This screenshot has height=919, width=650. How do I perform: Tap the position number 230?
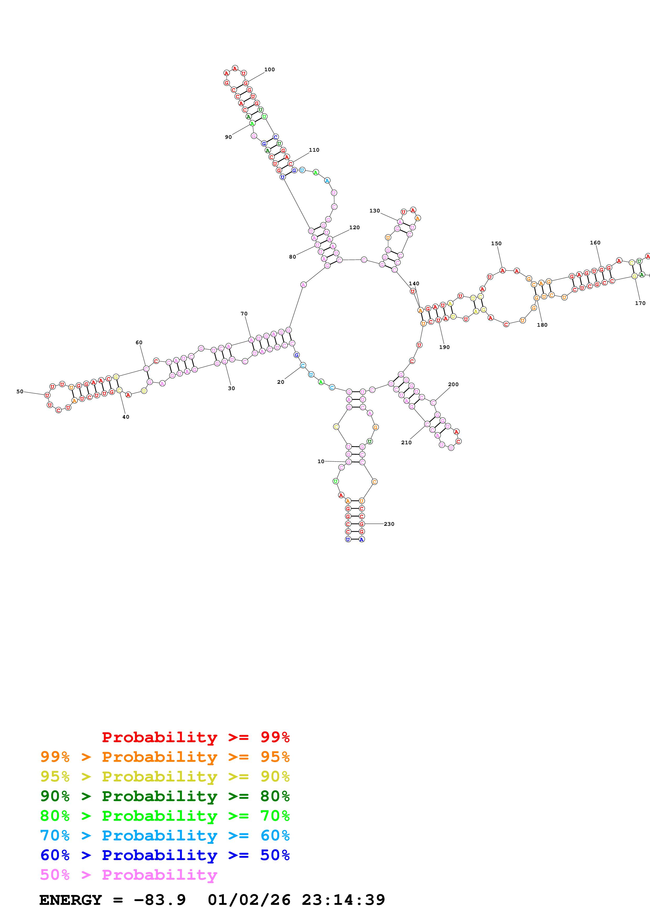click(389, 524)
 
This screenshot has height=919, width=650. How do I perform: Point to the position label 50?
click(20, 391)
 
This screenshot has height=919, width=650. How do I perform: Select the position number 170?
click(640, 303)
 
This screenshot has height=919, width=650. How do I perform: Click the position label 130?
click(374, 211)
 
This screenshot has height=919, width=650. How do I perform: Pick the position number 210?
click(406, 442)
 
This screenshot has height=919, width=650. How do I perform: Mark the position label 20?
click(281, 382)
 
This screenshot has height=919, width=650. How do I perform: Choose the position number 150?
click(496, 243)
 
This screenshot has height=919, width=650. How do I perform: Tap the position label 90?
click(228, 137)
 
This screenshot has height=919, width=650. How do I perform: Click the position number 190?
click(444, 347)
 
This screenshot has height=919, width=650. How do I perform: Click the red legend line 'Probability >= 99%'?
click(195, 737)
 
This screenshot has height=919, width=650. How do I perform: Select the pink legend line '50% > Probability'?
click(128, 874)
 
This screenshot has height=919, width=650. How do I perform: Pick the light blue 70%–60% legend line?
click(165, 835)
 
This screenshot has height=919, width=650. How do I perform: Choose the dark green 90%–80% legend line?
click(165, 796)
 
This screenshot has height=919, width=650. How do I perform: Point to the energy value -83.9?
click(159, 900)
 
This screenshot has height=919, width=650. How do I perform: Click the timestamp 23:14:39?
click(343, 900)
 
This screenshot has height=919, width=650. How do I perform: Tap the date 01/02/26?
click(249, 900)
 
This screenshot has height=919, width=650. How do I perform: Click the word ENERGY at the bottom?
click(71, 900)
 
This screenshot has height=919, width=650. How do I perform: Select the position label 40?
click(126, 417)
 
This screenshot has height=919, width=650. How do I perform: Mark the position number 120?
click(354, 227)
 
